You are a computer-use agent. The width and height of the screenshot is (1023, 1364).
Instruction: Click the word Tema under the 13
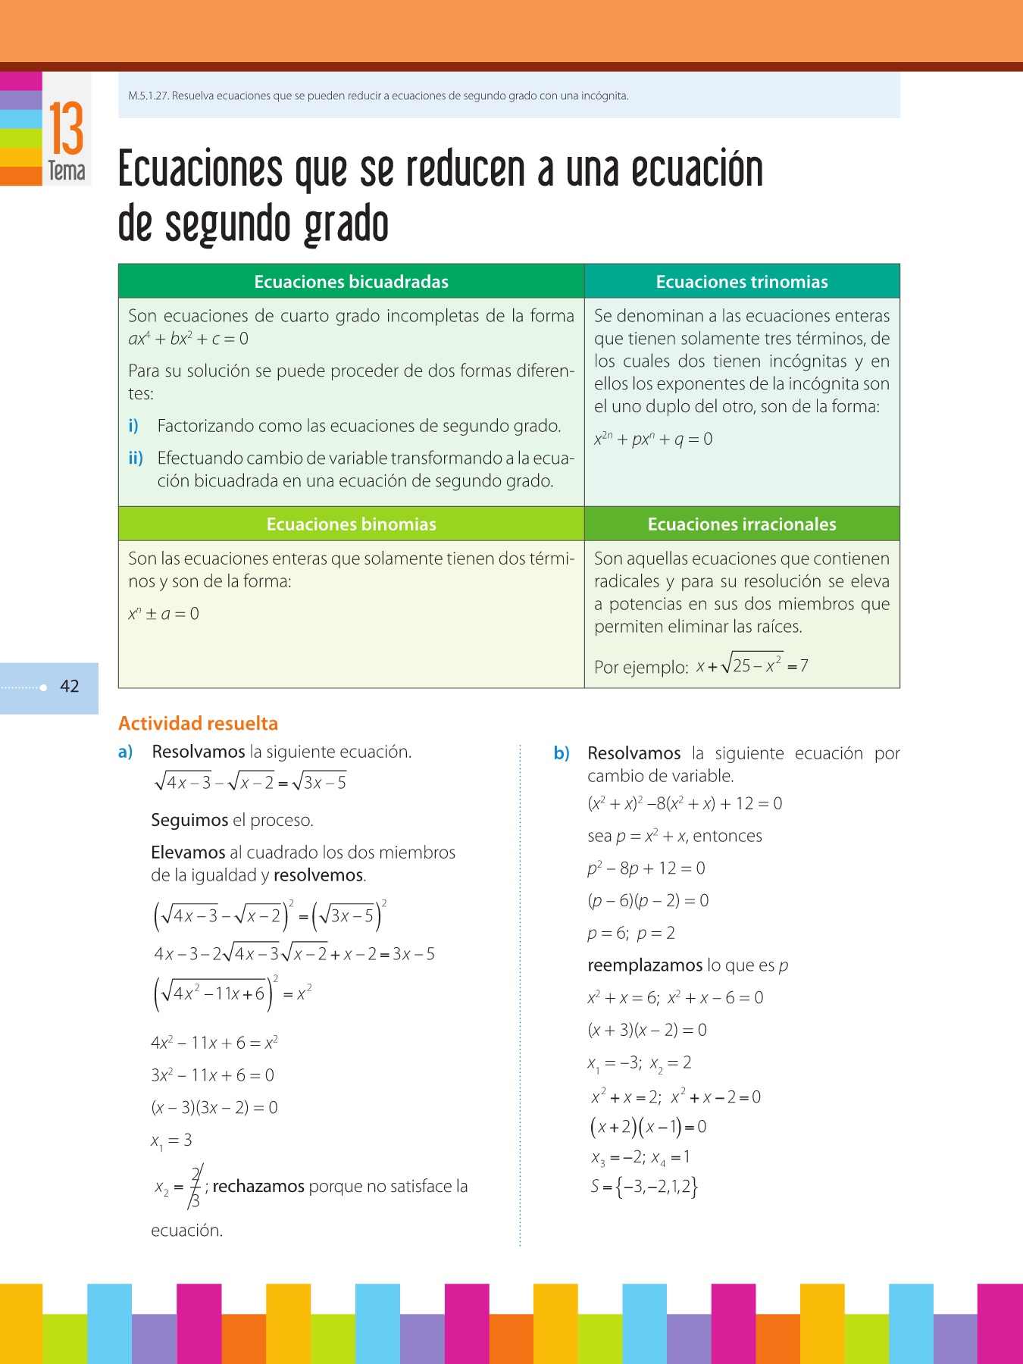point(67,171)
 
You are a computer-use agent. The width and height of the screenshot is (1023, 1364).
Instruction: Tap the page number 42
point(70,687)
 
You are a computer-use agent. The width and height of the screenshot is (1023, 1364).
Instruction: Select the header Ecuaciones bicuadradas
point(351,282)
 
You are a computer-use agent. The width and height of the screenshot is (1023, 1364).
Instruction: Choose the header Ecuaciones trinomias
point(742,282)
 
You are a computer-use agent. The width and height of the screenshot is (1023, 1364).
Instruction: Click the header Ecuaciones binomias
point(351,524)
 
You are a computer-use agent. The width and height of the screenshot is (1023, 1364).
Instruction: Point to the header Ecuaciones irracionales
point(742,524)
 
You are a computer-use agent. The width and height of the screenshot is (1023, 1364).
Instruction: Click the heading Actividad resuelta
point(198,723)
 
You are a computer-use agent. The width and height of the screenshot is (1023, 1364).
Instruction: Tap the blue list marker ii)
point(136,458)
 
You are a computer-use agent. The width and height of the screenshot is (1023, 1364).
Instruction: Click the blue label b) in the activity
point(562,753)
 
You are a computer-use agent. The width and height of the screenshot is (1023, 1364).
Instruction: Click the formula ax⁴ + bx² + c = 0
point(188,339)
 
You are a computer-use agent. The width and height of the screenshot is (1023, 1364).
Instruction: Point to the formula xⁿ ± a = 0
point(164,614)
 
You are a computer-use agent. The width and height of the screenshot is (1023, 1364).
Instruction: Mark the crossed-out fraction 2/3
point(195,1187)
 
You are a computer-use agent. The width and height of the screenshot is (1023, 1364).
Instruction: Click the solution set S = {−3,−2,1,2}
point(643,1187)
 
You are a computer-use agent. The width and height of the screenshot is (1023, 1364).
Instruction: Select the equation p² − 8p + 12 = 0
point(646,868)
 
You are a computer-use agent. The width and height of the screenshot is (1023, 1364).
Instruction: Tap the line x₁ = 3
point(171,1140)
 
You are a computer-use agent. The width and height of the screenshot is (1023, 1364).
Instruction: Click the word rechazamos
point(258,1186)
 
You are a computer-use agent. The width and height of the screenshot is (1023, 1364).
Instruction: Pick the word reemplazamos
point(645,965)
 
